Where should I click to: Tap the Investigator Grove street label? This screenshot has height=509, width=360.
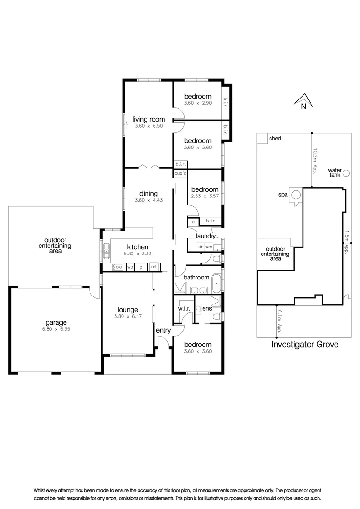tap(305, 344)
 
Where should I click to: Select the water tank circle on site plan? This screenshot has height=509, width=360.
tap(346, 172)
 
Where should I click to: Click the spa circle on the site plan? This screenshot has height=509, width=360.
tap(296, 194)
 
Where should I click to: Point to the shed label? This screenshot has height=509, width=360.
tap(275, 139)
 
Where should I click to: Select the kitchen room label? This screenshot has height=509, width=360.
tap(138, 247)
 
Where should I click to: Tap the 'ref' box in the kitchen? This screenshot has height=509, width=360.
tap(154, 267)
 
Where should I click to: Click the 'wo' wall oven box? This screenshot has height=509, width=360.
tap(131, 267)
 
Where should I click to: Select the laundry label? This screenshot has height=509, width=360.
tap(206, 236)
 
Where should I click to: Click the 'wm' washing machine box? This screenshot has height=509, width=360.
tap(208, 246)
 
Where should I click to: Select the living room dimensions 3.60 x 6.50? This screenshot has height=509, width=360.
tap(148, 126)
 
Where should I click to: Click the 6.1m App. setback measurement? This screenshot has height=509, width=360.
tap(279, 322)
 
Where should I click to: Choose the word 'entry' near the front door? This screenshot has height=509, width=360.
tap(163, 331)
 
